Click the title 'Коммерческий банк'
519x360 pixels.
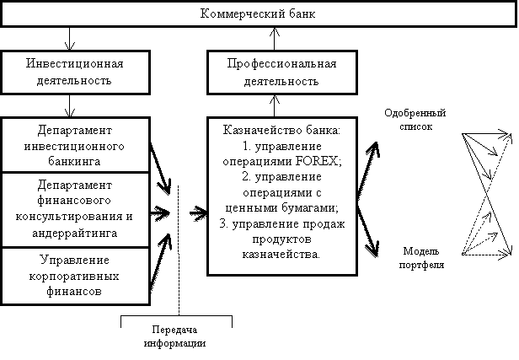point(258,13)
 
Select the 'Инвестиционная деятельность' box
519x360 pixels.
point(76,73)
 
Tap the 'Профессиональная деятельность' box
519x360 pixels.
point(282,73)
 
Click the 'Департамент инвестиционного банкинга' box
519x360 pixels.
point(76,145)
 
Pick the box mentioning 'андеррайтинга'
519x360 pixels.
point(76,210)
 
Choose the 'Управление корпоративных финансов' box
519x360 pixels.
point(76,276)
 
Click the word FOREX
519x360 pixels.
point(317,161)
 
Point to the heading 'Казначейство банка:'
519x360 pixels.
point(281,130)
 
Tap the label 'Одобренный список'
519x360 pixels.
point(415,120)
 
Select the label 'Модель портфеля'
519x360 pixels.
point(421,258)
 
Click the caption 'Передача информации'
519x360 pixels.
point(174,336)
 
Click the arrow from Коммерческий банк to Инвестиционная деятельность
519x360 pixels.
point(69,39)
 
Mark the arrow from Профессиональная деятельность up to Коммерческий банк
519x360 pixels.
point(275,39)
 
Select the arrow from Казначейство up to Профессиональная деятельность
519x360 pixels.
point(275,105)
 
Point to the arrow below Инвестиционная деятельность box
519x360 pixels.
point(69,105)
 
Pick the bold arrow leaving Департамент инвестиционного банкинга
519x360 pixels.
point(161,169)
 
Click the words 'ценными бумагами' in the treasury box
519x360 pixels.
point(281,208)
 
